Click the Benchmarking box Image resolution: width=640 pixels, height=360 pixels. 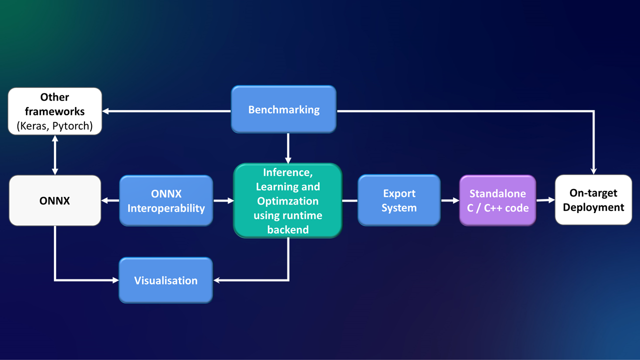283,109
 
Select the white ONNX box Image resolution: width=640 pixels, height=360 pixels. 55,200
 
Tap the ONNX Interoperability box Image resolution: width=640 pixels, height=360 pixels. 166,200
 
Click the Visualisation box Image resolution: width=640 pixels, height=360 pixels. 165,280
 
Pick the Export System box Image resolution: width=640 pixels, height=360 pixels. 399,200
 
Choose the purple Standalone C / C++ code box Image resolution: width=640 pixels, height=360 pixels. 497,200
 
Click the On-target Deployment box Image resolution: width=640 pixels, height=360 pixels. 593,200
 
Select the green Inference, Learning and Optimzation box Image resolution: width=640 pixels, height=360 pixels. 287,200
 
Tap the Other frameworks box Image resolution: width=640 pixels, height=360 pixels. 55,111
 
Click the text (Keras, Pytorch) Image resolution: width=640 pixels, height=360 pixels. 55,126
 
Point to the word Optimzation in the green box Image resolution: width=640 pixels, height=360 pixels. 287,201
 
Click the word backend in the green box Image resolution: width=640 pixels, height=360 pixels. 287,229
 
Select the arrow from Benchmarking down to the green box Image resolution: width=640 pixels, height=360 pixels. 288,148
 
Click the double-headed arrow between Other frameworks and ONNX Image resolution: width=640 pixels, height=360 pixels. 55,155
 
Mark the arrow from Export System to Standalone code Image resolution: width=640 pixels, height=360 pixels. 450,200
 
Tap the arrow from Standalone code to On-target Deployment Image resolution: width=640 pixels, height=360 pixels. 545,200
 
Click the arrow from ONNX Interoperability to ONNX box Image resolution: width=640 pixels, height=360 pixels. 110,200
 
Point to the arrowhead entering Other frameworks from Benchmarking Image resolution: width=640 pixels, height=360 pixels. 106,111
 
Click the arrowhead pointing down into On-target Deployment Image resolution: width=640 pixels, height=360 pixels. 593,170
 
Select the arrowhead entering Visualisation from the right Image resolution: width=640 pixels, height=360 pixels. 218,280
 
